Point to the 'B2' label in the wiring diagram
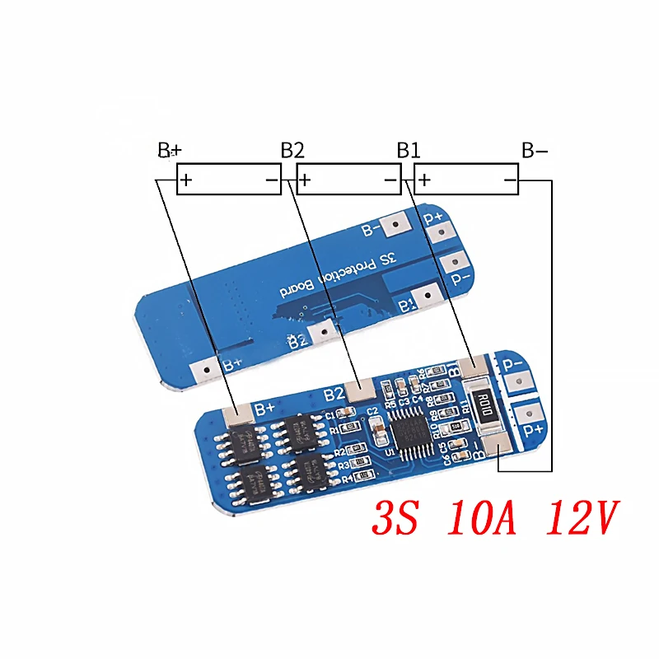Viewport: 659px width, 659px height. (x=292, y=151)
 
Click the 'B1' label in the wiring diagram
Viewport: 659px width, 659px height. (x=409, y=151)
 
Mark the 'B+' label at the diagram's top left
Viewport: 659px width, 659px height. (x=169, y=151)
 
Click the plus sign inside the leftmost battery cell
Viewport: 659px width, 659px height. (x=187, y=179)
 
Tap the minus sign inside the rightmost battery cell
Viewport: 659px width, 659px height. (x=510, y=179)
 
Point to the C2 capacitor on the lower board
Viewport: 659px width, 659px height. (x=376, y=428)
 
